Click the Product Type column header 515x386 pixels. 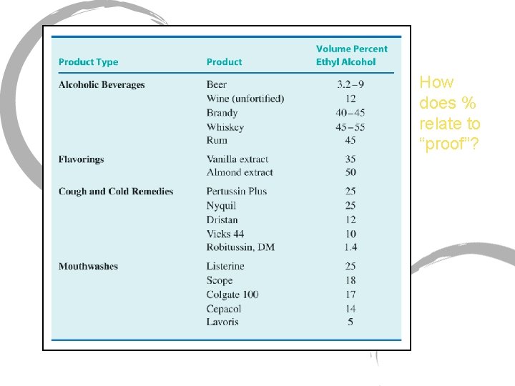pyautogui.click(x=88, y=62)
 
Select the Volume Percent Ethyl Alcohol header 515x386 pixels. pyautogui.click(x=351, y=55)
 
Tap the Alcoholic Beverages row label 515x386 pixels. pyautogui.click(x=101, y=84)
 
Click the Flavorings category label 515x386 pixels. pyautogui.click(x=81, y=159)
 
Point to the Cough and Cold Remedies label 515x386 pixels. pyautogui.click(x=115, y=191)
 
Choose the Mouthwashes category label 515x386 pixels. pyautogui.click(x=88, y=266)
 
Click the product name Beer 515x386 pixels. pyautogui.click(x=217, y=84)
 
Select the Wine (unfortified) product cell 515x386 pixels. pyautogui.click(x=245, y=99)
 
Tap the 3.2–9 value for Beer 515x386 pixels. pyautogui.click(x=350, y=84)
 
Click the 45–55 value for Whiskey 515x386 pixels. pyautogui.click(x=350, y=127)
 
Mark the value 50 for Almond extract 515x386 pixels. pyautogui.click(x=350, y=172)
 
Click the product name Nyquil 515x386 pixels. pyautogui.click(x=221, y=205)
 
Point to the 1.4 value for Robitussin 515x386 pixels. pyautogui.click(x=350, y=247)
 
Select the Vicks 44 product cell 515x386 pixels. pyautogui.click(x=225, y=234)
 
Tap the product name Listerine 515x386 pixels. pyautogui.click(x=225, y=266)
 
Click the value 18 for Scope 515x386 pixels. pyautogui.click(x=350, y=280)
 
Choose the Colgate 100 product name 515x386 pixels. pyautogui.click(x=232, y=295)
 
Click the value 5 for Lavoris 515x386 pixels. pyautogui.click(x=350, y=322)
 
